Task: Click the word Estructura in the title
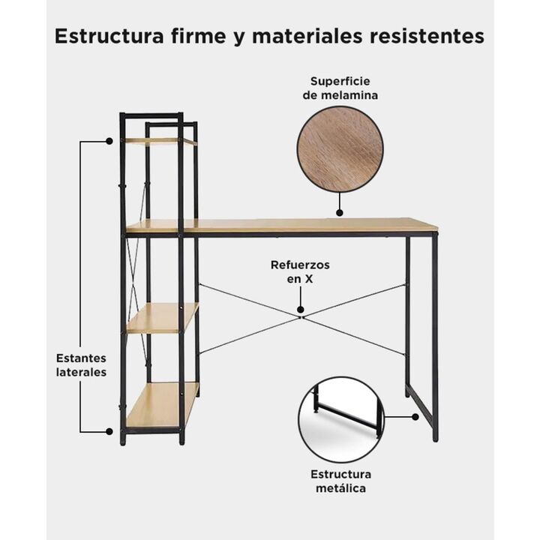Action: click(109, 36)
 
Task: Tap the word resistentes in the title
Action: click(427, 36)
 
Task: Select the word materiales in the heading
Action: click(307, 36)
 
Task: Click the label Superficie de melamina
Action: click(340, 88)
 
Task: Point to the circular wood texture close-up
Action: click(340, 149)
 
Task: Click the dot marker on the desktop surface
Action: click(340, 213)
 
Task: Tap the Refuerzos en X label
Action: click(300, 271)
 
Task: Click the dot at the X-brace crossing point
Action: click(301, 310)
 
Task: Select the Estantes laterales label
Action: click(81, 365)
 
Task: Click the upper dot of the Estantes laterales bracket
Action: click(109, 141)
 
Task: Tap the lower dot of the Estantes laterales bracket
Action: click(109, 431)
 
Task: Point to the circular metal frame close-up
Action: click(341, 420)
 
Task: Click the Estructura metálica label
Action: click(340, 481)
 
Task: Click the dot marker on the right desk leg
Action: click(415, 417)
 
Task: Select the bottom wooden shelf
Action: click(162, 405)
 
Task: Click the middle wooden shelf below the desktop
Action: click(163, 318)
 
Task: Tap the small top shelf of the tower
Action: click(160, 141)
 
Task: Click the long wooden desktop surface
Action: click(282, 225)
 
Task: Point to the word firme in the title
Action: click(198, 36)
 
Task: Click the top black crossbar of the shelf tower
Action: click(151, 115)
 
